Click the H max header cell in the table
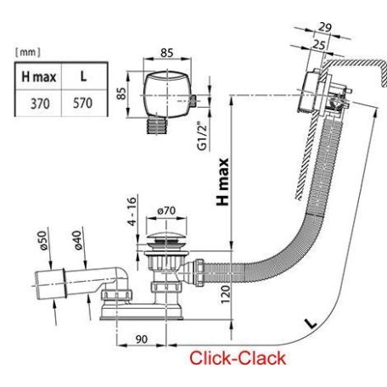coord(39,77)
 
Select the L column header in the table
coord(83,76)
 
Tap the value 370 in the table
coord(40,104)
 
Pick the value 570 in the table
coord(82,103)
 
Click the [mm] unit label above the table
coord(28,52)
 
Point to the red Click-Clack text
coord(238,358)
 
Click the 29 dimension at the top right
coord(325,27)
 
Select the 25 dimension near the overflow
coord(319,44)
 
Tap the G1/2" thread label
coord(203,136)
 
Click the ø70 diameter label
coord(166,210)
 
